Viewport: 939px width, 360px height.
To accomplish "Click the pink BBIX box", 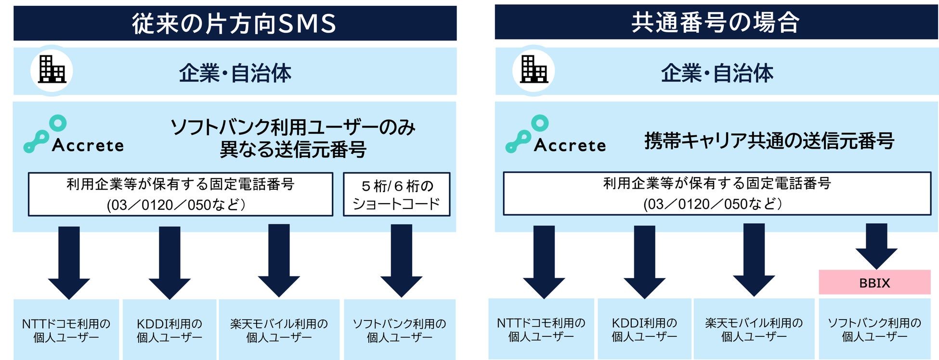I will pyautogui.click(x=874, y=283).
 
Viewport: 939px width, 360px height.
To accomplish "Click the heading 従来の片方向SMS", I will pyautogui.click(x=235, y=23).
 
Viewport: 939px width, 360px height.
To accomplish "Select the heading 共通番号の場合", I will pyautogui.click(x=716, y=22).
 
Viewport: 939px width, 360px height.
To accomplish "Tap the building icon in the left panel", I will pyautogui.click(x=52, y=70).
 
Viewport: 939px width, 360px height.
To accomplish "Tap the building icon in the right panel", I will pyautogui.click(x=534, y=70).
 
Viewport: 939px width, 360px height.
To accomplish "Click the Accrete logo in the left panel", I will pyautogui.click(x=73, y=135).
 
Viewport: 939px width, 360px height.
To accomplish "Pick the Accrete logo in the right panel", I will pyautogui.click(x=555, y=135).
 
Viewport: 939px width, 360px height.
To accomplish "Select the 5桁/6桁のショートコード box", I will pyautogui.click(x=396, y=194).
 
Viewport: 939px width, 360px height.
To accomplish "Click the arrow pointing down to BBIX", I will pyautogui.click(x=876, y=245).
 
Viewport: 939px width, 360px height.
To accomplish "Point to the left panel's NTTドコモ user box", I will pyautogui.click(x=66, y=330).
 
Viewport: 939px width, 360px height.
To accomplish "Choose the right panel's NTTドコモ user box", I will pyautogui.click(x=541, y=329).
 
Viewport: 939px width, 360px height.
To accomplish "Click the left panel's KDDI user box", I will pyautogui.click(x=170, y=330).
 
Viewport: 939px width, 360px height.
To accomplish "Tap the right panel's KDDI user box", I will pyautogui.click(x=644, y=329).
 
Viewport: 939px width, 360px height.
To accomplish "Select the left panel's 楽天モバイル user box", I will pyautogui.click(x=279, y=330).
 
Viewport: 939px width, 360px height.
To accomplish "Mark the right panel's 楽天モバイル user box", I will pyautogui.click(x=754, y=329).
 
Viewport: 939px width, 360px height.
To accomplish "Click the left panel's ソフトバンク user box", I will pyautogui.click(x=399, y=330).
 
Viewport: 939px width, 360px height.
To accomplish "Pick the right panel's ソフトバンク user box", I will pyautogui.click(x=874, y=329).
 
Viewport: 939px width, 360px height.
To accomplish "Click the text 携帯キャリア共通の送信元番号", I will pyautogui.click(x=769, y=141).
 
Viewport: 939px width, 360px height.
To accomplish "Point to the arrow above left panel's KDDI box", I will pyautogui.click(x=170, y=262).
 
